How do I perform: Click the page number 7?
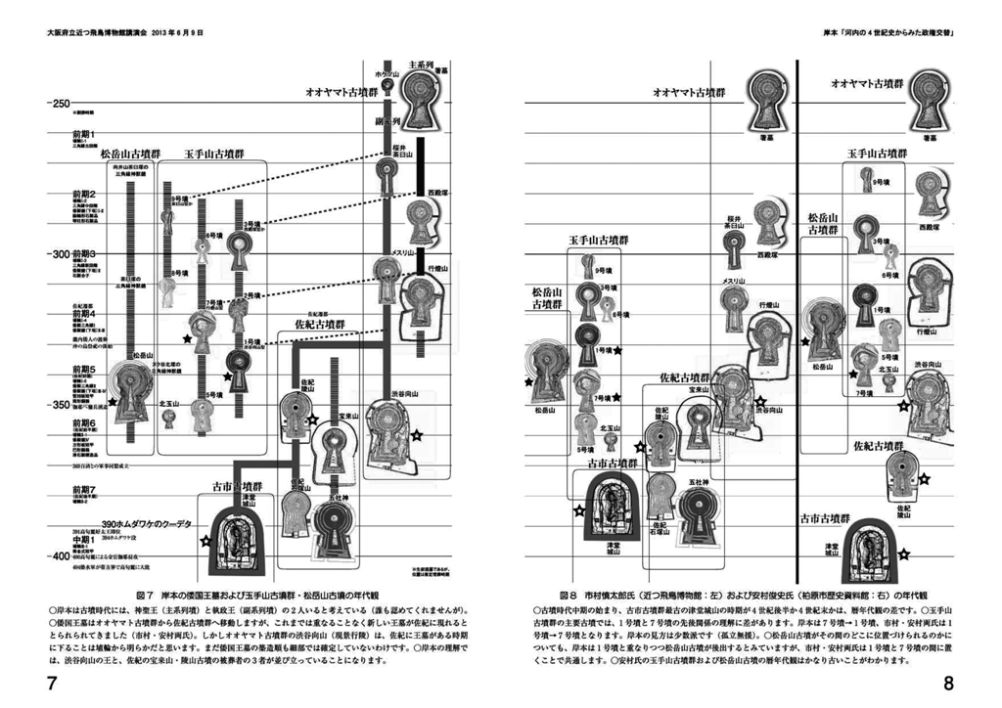point(52,684)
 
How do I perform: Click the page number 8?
point(948,684)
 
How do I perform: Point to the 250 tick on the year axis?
point(60,103)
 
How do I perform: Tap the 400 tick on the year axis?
point(60,555)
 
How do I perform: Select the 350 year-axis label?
point(60,404)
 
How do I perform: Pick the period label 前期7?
point(82,488)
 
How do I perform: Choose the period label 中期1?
point(82,540)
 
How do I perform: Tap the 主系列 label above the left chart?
point(421,65)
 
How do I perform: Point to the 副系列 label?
point(389,122)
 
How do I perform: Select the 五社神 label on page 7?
point(341,498)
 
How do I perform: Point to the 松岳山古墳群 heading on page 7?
point(130,154)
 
